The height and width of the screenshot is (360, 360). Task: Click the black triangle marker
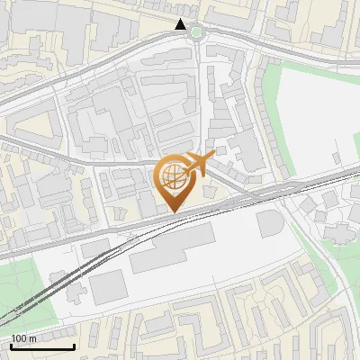(x=182, y=24)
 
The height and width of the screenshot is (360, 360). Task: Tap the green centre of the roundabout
(x=195, y=32)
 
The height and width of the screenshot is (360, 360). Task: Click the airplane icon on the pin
(x=198, y=164)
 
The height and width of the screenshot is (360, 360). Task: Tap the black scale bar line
(x=42, y=346)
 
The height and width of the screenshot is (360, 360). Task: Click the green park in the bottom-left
(x=18, y=288)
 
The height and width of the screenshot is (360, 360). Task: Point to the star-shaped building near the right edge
(x=337, y=232)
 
